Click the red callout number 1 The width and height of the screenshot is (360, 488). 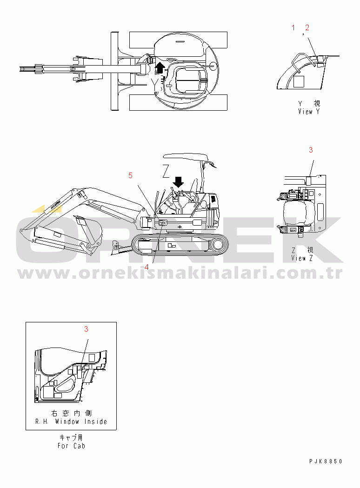293,28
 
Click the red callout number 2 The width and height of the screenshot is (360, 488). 307,28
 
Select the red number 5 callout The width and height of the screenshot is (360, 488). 130,175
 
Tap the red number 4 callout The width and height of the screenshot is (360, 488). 146,267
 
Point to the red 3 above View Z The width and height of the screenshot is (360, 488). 311,150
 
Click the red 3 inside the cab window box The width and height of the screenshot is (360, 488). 86,329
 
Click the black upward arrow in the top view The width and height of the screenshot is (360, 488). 160,67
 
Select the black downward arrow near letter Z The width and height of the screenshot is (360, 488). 178,182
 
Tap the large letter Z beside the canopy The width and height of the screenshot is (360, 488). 166,172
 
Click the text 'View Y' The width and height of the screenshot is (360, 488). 309,112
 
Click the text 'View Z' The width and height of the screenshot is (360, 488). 302,258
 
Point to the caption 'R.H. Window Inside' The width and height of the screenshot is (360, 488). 71,422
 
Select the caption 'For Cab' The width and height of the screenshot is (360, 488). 71,446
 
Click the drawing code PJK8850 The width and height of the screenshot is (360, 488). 326,461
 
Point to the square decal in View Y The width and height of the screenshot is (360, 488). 299,81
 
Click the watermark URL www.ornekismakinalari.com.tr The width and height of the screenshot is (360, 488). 180,273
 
